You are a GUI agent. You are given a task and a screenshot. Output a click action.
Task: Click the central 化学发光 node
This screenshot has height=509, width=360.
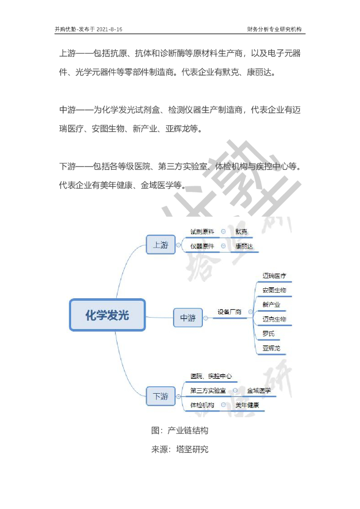tap(107, 315)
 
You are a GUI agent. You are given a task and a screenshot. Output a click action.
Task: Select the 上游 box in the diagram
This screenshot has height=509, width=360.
tap(161, 245)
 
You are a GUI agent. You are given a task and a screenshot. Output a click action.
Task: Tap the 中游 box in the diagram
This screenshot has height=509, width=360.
tap(188, 318)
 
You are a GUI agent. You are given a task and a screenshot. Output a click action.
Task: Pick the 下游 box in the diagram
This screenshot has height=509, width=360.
tap(161, 396)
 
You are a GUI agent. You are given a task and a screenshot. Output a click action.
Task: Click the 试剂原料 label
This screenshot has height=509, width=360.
tap(202, 232)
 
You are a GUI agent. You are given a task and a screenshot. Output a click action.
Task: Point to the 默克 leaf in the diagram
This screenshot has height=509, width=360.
tap(241, 232)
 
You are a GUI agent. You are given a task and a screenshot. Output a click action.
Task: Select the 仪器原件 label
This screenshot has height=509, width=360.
tap(202, 246)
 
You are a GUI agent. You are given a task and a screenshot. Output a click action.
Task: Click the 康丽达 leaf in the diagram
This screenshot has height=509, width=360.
tap(244, 246)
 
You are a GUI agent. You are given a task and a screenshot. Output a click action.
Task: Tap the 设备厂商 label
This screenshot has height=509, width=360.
tap(229, 312)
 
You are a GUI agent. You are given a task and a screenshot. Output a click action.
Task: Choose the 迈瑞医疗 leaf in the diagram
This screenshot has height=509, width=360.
tap(274, 275)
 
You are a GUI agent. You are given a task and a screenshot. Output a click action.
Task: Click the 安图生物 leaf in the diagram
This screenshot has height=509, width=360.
tap(274, 290)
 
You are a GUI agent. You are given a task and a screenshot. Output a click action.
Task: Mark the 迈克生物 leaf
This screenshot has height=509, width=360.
tap(274, 319)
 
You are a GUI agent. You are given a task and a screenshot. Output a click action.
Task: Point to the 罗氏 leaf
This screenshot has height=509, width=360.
tap(268, 334)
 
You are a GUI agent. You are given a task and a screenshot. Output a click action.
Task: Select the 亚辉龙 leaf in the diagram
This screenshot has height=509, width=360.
tap(271, 348)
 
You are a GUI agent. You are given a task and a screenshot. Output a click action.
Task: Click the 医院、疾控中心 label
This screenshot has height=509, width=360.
tap(211, 376)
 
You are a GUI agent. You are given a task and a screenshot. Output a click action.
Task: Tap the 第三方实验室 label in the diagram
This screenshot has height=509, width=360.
tap(207, 391)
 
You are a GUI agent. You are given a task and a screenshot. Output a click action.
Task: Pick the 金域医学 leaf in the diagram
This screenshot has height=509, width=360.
tap(259, 391)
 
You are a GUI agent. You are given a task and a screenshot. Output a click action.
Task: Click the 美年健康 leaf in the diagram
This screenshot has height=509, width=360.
tap(247, 405)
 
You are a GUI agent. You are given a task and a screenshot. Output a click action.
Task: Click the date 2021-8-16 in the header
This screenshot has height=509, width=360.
tap(110, 29)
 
